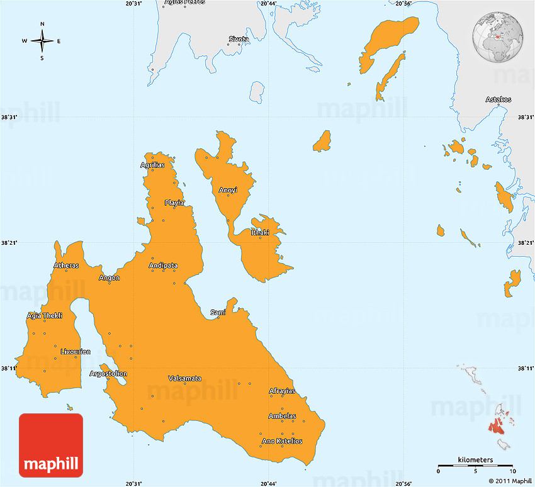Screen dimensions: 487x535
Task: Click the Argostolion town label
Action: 108,374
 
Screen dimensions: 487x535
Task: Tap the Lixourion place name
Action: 76,352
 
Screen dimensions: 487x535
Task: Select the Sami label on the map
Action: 218,312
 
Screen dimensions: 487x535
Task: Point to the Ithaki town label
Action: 260,233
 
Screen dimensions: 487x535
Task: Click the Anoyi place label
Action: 228,190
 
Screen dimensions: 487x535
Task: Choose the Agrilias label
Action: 152,165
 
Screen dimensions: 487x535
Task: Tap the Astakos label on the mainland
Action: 498,99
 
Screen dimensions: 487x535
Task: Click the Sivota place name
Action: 239,39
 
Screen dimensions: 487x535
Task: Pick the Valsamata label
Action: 185,378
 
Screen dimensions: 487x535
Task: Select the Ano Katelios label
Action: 282,441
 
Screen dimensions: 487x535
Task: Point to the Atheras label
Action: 66,266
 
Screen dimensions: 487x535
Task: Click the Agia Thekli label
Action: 45,316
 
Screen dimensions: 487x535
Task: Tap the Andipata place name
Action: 163,266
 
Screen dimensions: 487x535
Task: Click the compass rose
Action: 42,42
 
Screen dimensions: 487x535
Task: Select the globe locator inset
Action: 498,34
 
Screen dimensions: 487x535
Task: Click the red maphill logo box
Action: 51,445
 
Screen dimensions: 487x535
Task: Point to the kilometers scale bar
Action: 475,466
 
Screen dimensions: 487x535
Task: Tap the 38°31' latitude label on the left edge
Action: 9,117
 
